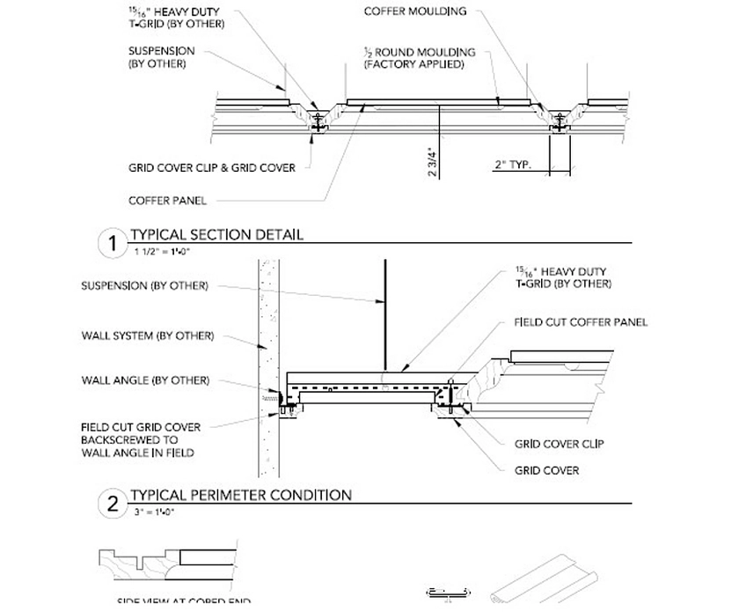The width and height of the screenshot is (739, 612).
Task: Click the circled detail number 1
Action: tap(112, 244)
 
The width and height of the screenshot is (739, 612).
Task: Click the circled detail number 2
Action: tap(112, 505)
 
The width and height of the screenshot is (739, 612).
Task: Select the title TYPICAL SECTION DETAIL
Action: tap(216, 234)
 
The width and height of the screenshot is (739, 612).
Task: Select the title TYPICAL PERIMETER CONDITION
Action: tap(241, 495)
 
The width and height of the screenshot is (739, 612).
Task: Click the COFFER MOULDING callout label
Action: tap(415, 11)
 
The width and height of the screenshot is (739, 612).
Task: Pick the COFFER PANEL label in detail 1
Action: tap(167, 201)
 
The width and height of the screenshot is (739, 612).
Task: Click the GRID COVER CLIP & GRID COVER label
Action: tap(211, 166)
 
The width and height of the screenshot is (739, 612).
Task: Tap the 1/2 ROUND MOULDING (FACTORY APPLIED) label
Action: tap(419, 58)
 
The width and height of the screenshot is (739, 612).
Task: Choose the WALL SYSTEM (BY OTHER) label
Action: tap(147, 335)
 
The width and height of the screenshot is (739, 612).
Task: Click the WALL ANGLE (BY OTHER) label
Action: tap(145, 380)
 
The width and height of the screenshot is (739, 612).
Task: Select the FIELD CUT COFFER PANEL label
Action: tap(581, 322)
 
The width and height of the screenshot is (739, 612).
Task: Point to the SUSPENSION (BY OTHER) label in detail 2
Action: tap(144, 285)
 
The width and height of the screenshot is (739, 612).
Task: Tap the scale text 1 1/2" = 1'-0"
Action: tap(163, 252)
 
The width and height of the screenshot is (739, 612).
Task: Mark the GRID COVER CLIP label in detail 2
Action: tap(559, 444)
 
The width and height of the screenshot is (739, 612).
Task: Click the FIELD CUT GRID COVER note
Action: tap(141, 439)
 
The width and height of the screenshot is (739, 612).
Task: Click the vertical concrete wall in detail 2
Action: tap(266, 370)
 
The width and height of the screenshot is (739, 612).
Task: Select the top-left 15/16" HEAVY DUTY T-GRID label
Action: tap(176, 17)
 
